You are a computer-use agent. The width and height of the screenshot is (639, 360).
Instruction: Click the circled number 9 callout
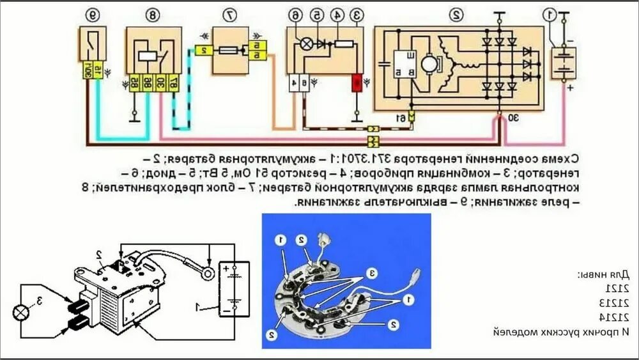click(93, 13)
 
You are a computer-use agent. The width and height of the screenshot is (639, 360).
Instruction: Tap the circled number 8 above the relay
click(154, 13)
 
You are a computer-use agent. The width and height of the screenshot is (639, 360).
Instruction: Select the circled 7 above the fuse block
click(230, 13)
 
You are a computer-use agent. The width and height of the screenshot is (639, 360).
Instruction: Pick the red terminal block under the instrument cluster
click(356, 82)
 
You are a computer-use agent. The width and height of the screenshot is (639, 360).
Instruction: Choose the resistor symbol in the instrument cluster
click(344, 43)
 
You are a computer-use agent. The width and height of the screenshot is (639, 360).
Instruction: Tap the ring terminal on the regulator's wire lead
click(208, 261)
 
